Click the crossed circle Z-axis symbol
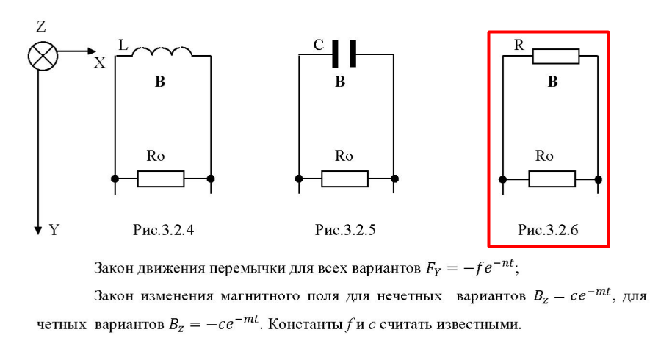coord(43,57)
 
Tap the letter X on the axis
coord(99,63)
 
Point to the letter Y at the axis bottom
coord(54,230)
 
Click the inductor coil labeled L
coord(162,51)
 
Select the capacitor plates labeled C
coord(344,54)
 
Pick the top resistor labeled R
coord(556,57)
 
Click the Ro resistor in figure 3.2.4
coord(161,179)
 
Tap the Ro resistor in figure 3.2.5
coord(344,179)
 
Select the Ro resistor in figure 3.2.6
coord(552,179)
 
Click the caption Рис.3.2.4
coord(163,230)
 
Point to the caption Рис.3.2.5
coord(345,230)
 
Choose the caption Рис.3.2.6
coord(548,230)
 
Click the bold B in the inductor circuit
coord(160,82)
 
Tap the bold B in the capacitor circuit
coord(340,82)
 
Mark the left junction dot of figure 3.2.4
coord(115,179)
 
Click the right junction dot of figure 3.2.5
coord(394,179)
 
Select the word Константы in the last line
coord(305,325)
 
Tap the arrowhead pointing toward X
coord(92,51)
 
